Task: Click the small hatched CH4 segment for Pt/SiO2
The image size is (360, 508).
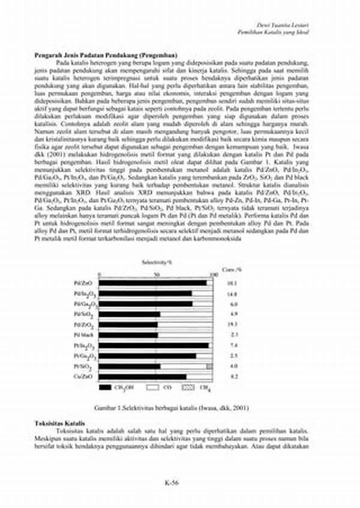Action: pyautogui.click(x=209, y=366)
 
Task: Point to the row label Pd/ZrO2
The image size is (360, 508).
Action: pyautogui.click(x=83, y=324)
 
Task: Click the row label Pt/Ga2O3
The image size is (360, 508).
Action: pyautogui.click(x=83, y=356)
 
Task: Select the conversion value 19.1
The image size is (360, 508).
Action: pyautogui.click(x=233, y=324)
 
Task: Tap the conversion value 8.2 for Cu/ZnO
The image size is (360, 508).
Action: pyautogui.click(x=233, y=377)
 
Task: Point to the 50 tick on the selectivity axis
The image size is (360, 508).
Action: pyautogui.click(x=157, y=275)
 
